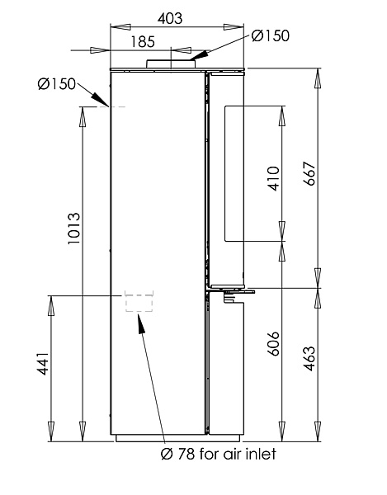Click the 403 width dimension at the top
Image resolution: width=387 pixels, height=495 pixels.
pyautogui.click(x=170, y=19)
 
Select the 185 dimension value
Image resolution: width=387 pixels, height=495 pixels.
pyautogui.click(x=143, y=42)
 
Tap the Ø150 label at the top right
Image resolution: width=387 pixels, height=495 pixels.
pyautogui.click(x=271, y=35)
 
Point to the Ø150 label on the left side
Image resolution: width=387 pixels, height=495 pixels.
pyautogui.click(x=56, y=84)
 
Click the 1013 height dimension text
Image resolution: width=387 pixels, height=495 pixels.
pyautogui.click(x=74, y=229)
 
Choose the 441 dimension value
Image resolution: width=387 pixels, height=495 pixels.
pyautogui.click(x=43, y=363)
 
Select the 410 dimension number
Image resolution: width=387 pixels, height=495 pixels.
pyautogui.click(x=273, y=178)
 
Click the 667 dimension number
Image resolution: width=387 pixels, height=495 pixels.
pyautogui.click(x=309, y=173)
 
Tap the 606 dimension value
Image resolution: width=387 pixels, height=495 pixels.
pyautogui.click(x=273, y=343)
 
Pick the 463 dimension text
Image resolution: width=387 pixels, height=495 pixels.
pyautogui.click(x=309, y=359)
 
